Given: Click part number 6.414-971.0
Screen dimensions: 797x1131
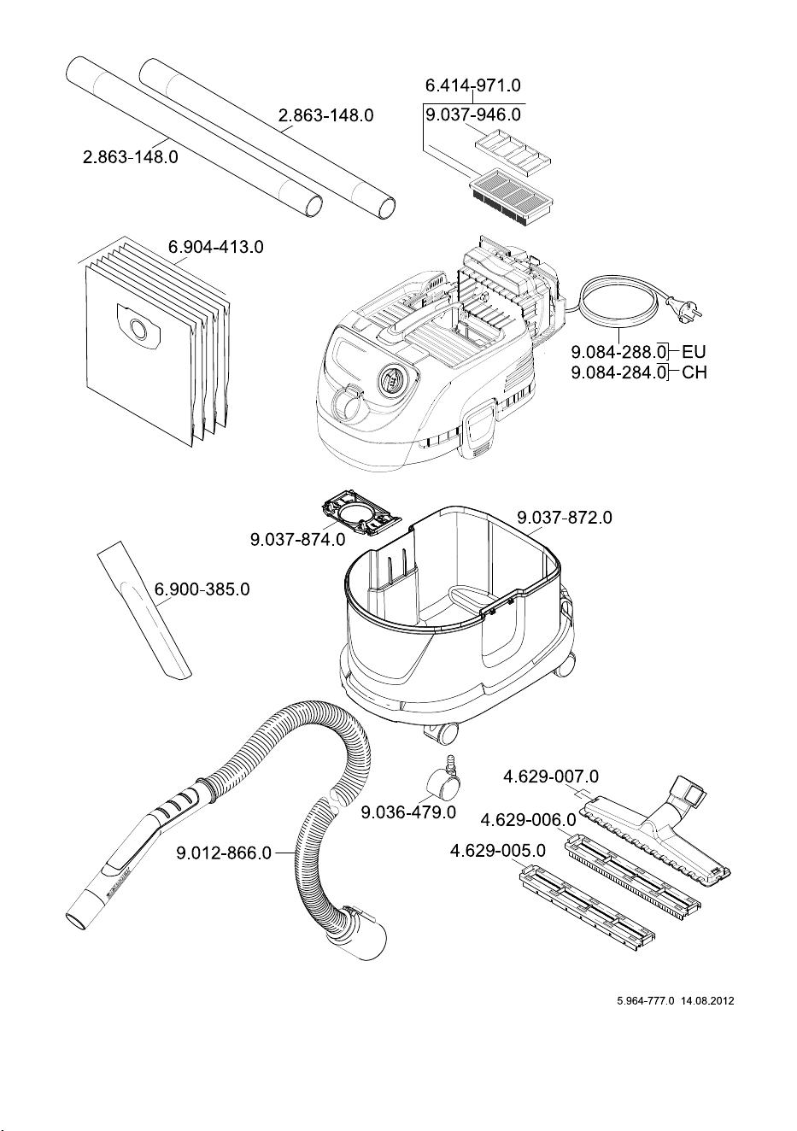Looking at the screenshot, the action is pos(472,85).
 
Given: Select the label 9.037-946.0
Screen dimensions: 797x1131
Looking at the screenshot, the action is pos(472,114).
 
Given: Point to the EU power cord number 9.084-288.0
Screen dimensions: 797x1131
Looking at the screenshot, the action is pos(618,351).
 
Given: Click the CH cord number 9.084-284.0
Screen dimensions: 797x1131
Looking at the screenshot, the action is pos(618,372).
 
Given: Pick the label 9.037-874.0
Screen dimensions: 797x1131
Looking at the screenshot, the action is pos(298,540).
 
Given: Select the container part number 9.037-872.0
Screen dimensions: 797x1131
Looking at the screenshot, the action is pos(564,518).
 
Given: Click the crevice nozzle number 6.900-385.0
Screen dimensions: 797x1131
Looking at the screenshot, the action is pos(202,589).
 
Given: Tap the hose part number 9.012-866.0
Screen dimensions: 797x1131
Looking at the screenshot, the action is pos(224,853).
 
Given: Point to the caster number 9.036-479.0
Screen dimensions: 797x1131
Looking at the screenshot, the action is pos(408,812).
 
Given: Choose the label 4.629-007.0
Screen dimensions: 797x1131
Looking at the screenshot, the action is pos(551,776).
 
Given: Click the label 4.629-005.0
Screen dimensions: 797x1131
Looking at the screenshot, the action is pos(497,851).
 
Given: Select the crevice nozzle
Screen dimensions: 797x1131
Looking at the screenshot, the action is pos(144,611).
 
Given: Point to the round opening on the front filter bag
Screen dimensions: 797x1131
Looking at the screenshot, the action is pos(138,329).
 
